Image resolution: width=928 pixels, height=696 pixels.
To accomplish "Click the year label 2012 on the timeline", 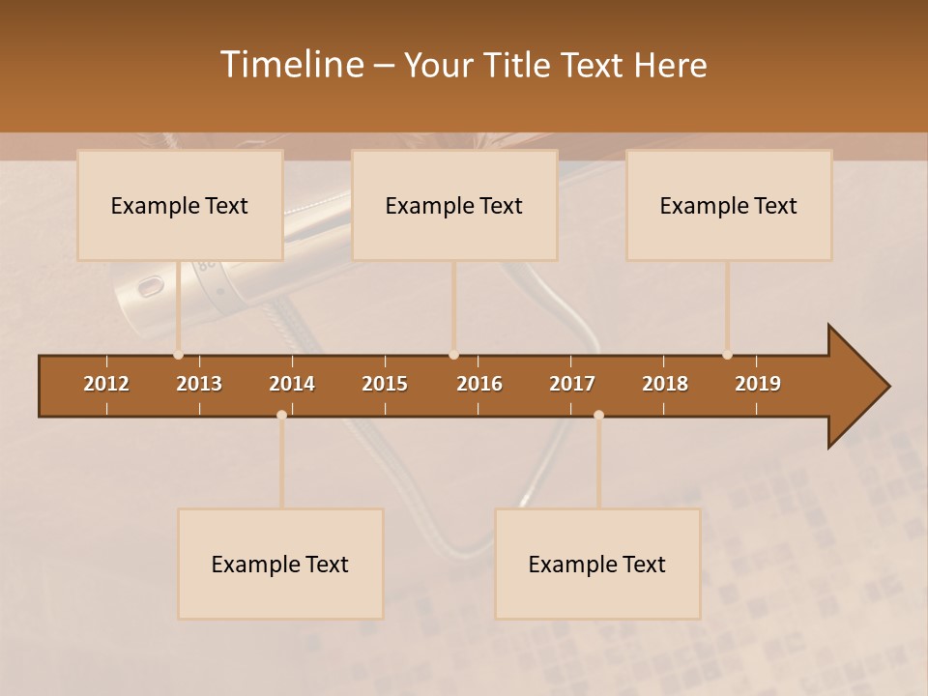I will [x=106, y=384].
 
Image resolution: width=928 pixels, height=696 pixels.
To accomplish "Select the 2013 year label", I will [x=199, y=384].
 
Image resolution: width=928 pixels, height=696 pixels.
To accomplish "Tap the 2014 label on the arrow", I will [x=292, y=384].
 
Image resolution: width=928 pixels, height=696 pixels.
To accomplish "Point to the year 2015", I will [x=385, y=384].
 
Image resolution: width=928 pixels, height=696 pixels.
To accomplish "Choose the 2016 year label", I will [x=479, y=384].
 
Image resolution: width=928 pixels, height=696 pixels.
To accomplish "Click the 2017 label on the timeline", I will [x=572, y=384].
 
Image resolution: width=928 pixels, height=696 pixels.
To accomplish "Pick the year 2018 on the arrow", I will [x=665, y=384].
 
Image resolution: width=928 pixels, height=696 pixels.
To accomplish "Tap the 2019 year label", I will [x=758, y=384].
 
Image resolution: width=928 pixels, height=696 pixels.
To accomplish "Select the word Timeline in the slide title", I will [x=291, y=65].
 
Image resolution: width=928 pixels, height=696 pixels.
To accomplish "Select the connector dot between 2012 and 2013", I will [x=178, y=355].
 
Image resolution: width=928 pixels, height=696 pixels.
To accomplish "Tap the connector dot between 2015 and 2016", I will [x=453, y=355].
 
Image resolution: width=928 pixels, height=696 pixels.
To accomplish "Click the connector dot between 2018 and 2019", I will [x=727, y=355].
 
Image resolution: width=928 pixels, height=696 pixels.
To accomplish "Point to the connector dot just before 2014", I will [x=281, y=415].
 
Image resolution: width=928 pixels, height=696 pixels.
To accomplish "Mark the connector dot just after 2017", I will [x=598, y=415].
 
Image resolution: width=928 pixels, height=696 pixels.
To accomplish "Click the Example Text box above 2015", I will [x=453, y=205].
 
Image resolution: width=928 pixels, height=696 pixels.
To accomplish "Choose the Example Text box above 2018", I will [x=728, y=205].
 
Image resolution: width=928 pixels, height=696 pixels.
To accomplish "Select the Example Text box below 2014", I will [x=280, y=564].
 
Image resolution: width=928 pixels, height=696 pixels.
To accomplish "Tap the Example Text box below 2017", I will [x=596, y=564].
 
